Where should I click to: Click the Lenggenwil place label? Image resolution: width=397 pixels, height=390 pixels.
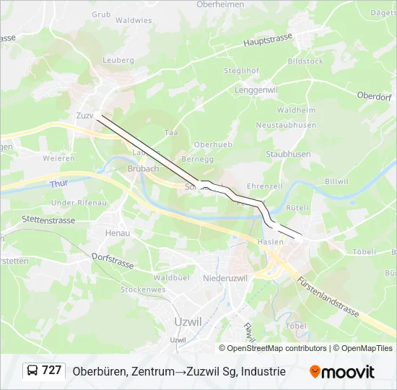[256, 90]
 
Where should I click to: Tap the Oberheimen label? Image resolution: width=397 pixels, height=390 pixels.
[220, 4]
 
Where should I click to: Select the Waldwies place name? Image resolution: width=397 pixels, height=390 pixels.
[134, 20]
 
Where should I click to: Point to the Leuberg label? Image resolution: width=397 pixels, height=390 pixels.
[119, 61]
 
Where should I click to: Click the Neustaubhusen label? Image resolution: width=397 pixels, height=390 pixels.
[287, 125]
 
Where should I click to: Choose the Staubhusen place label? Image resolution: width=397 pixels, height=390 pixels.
[288, 154]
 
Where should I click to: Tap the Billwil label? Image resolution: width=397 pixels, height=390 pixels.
[336, 181]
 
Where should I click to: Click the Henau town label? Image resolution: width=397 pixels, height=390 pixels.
[118, 233]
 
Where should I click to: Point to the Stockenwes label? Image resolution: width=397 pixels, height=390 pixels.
[143, 290]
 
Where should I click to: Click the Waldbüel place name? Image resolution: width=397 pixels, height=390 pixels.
[171, 277]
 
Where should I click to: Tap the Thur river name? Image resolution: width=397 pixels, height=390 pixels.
[59, 184]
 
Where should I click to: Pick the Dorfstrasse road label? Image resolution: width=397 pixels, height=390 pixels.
[113, 259]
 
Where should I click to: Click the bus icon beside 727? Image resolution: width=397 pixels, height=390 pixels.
[32, 370]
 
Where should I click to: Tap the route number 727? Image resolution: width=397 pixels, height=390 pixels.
[51, 370]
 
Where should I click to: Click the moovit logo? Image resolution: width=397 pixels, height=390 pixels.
[342, 372]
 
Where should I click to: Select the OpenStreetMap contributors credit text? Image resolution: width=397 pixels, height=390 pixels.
[277, 348]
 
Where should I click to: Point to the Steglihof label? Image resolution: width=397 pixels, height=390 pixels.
[241, 70]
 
